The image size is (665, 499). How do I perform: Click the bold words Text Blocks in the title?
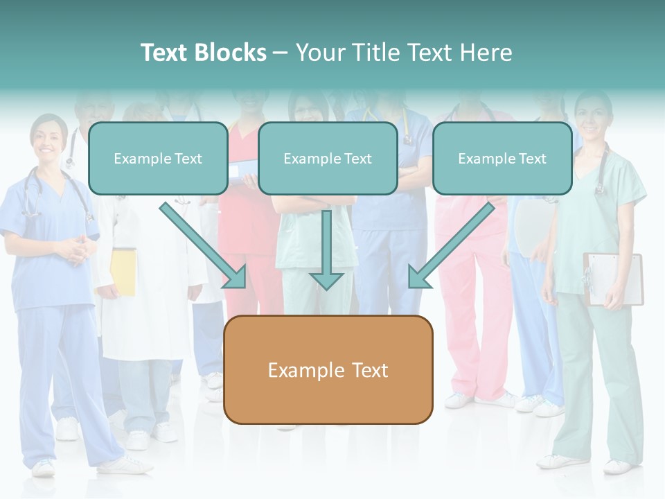click(203, 53)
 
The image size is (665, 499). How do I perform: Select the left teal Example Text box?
click(158, 159)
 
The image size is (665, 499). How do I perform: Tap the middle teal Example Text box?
click(328, 159)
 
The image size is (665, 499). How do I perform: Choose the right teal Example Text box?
click(502, 159)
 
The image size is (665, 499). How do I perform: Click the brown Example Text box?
click(328, 370)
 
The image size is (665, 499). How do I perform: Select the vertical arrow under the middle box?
click(326, 249)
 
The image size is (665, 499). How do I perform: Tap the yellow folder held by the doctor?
click(124, 271)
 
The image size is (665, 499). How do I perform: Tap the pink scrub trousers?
click(478, 312)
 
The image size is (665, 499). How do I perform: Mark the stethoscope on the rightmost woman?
click(600, 170)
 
